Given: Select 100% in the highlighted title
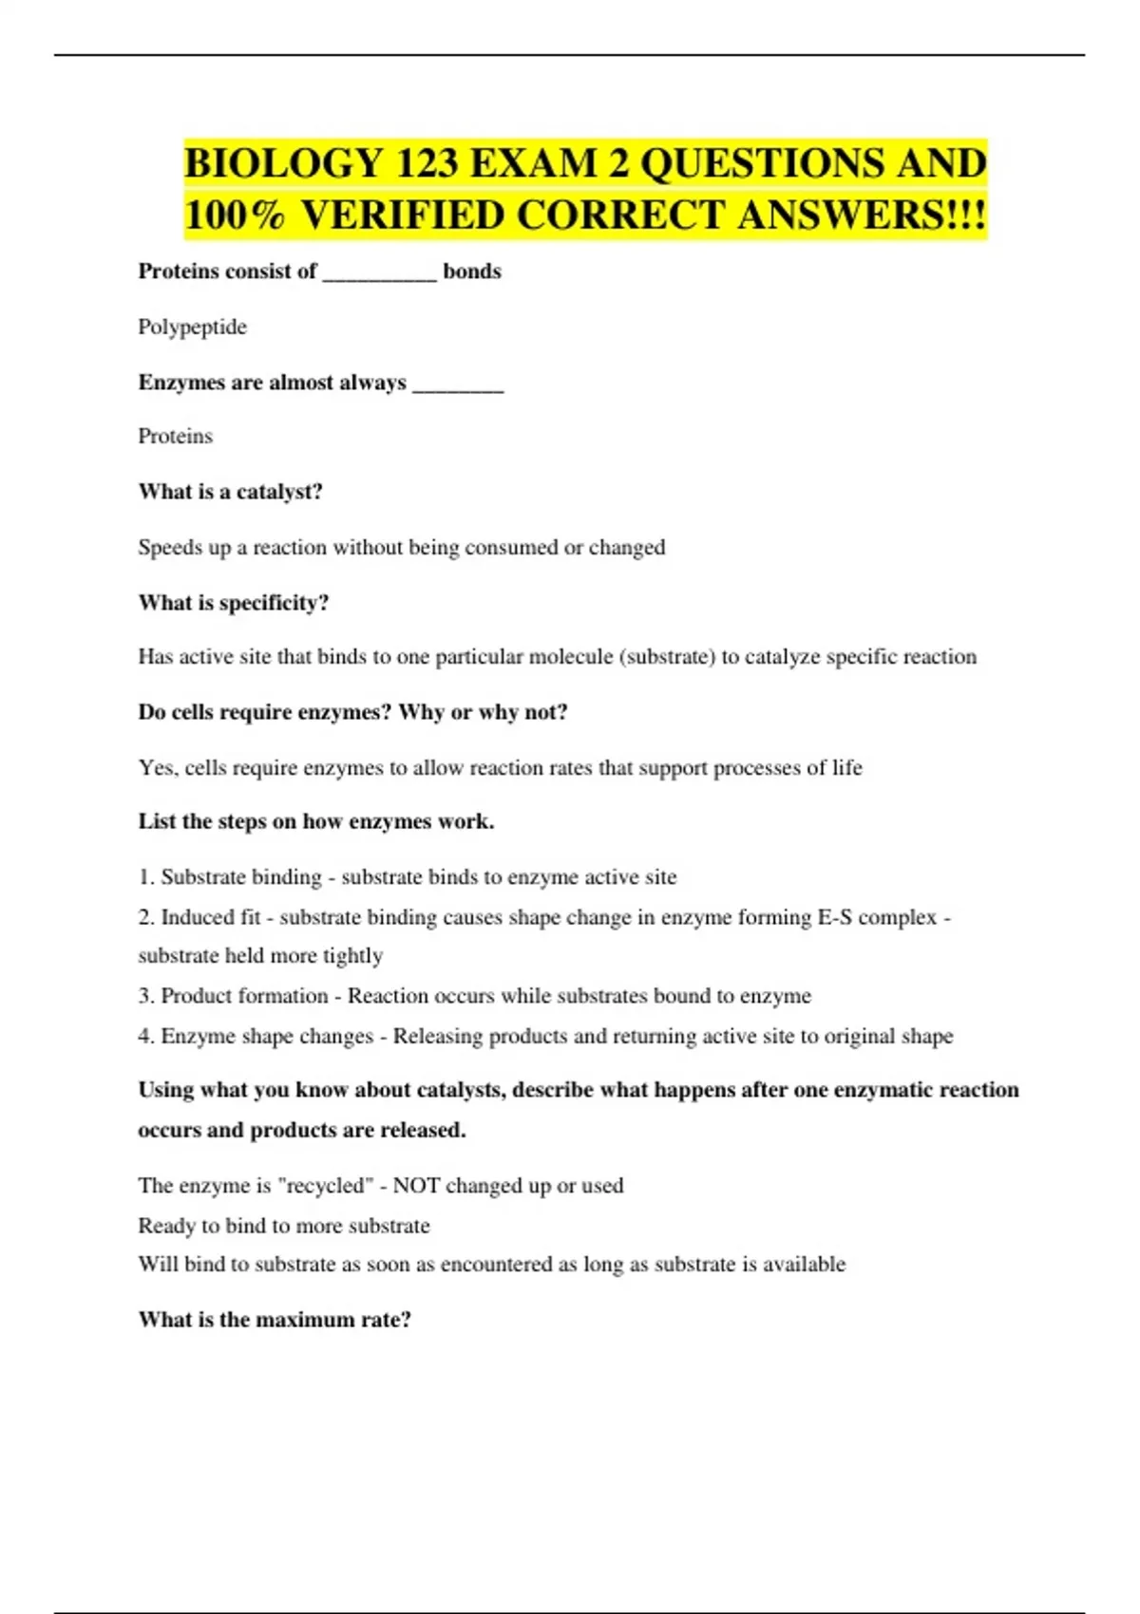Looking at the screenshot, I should (x=235, y=216).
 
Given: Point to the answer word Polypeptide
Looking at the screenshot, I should (x=192, y=328).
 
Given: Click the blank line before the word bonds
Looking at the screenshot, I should (x=380, y=275).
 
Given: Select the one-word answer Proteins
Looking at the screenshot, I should (x=175, y=437).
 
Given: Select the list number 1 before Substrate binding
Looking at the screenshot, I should (x=144, y=877).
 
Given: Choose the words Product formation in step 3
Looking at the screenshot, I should (x=244, y=996).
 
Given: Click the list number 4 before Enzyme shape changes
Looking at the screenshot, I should (x=144, y=1036).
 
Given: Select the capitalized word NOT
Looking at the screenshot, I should (x=415, y=1186).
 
